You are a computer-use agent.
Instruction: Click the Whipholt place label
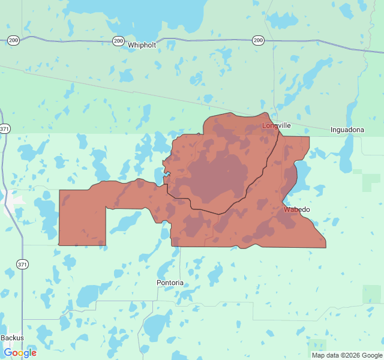[142, 45]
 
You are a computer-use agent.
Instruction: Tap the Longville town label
[277, 125]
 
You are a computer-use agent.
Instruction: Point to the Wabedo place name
[296, 209]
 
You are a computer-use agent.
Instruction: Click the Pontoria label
[170, 283]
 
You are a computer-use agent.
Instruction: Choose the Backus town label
[12, 338]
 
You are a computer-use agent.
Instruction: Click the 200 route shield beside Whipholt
[118, 41]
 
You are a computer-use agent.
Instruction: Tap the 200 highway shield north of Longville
[258, 40]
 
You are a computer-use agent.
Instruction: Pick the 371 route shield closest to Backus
[22, 264]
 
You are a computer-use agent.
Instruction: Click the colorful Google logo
[20, 353]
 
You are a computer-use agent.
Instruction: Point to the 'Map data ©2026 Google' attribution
[347, 355]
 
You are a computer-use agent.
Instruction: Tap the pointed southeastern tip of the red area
[325, 245]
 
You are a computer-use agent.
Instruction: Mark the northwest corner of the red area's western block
[60, 191]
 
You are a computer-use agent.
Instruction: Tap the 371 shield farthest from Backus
[5, 129]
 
